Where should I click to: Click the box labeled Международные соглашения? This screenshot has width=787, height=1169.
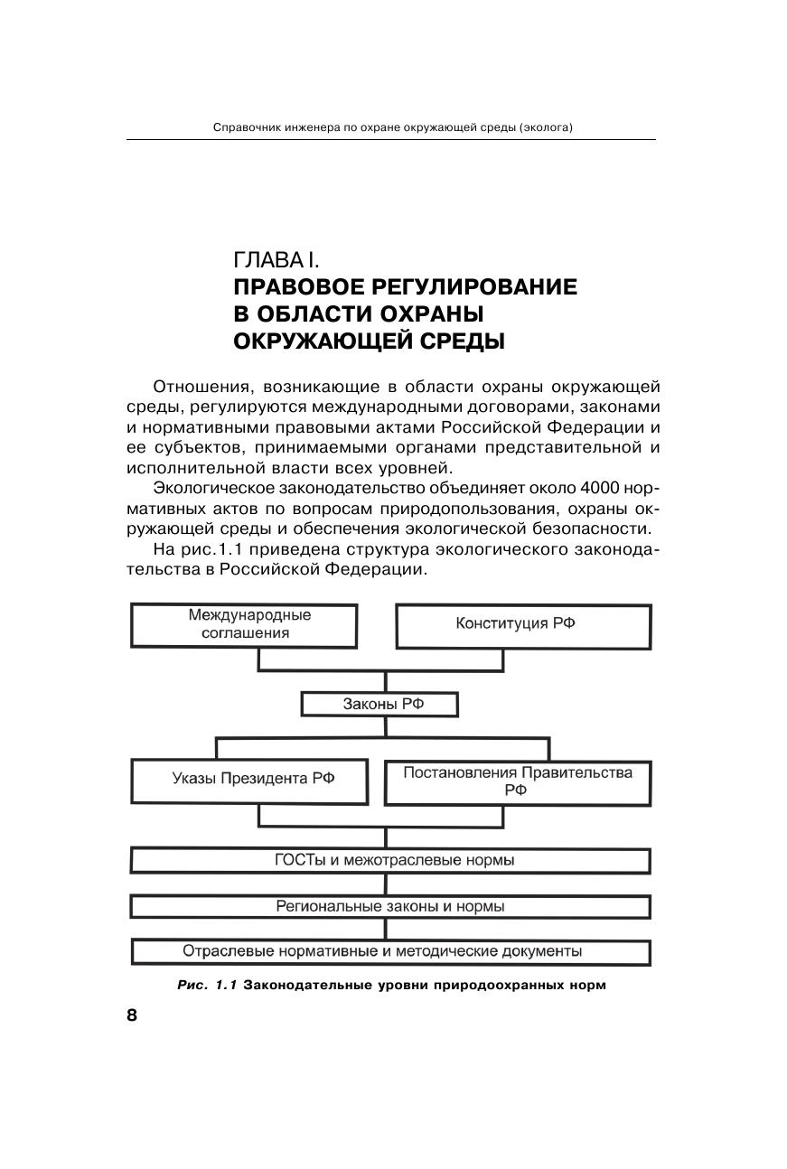pyautogui.click(x=244, y=625)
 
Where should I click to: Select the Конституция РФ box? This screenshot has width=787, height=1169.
pyautogui.click(x=523, y=625)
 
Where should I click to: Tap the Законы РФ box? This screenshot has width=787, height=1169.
pyautogui.click(x=380, y=705)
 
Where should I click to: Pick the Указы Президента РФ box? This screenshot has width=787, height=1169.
pyautogui.click(x=249, y=781)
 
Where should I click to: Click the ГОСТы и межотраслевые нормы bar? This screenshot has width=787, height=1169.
pyautogui.click(x=390, y=860)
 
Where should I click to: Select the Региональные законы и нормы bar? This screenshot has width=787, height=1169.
pyautogui.click(x=390, y=906)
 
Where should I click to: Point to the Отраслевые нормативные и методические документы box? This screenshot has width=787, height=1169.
pyautogui.click(x=390, y=952)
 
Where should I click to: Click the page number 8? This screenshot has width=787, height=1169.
pyautogui.click(x=132, y=1015)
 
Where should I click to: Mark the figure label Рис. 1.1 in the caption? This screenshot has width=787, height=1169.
pyautogui.click(x=207, y=985)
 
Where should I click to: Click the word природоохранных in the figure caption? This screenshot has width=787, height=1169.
pyautogui.click(x=502, y=985)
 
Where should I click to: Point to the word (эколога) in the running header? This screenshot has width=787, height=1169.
pyautogui.click(x=548, y=127)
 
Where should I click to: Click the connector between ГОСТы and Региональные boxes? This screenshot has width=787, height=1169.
pyautogui.click(x=386, y=884)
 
